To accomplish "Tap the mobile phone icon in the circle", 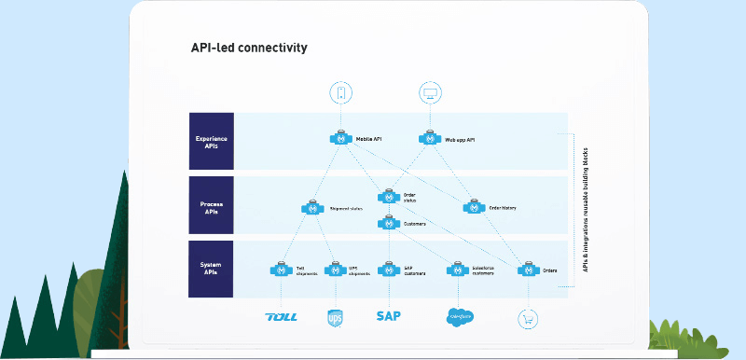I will tap(340, 92).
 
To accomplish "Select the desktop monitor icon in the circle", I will tap(430, 92).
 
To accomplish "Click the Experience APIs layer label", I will tap(211, 142).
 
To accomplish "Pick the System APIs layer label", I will tap(211, 270).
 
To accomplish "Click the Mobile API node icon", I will tap(340, 139).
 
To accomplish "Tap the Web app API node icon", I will tap(430, 139).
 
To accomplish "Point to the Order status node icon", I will tap(388, 197).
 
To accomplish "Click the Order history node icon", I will tap(473, 208).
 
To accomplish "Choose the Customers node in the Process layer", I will tap(388, 223).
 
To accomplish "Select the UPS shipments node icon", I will tap(335, 270).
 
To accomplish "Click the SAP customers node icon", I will tap(388, 270).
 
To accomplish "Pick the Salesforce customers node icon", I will tap(456, 270).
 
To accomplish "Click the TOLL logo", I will tap(281, 316).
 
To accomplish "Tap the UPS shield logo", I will tap(335, 317).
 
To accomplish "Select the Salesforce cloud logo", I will tap(461, 316).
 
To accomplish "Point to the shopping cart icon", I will tap(529, 317).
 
